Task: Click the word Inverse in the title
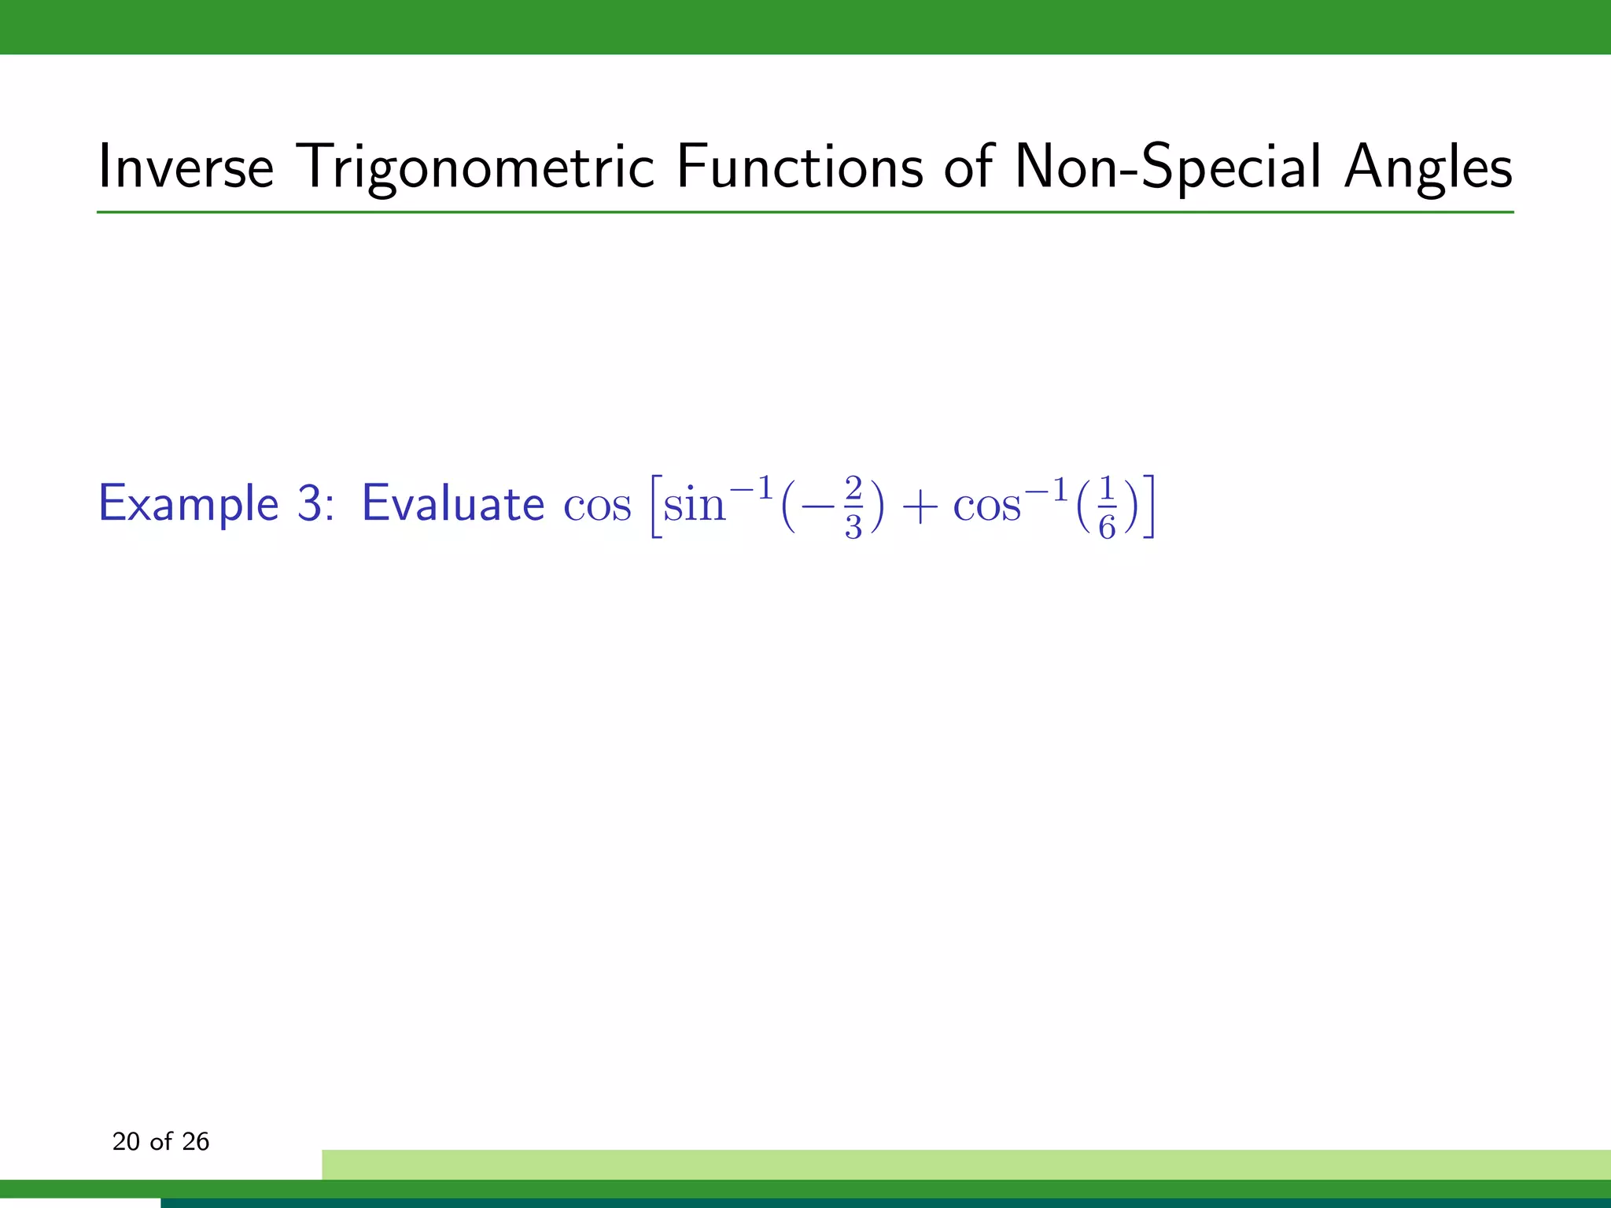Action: (186, 167)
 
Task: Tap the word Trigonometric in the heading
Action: (478, 167)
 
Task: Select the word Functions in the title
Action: (799, 167)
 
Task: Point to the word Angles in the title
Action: (1428, 167)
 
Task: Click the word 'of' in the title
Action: (969, 167)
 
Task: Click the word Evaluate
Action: (452, 503)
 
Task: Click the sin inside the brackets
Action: (694, 504)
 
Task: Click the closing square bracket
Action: (1149, 506)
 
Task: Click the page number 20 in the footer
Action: (126, 1141)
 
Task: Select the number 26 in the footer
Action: (195, 1141)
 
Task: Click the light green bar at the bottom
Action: (966, 1164)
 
